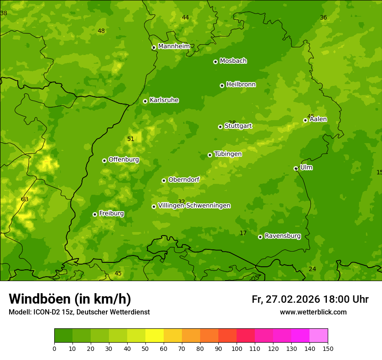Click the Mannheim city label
click(174, 46)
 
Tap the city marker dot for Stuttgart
click(221, 127)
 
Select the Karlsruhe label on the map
click(164, 100)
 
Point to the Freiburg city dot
click(95, 214)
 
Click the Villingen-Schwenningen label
click(194, 206)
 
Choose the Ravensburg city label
click(283, 236)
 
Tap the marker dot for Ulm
click(296, 168)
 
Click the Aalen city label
click(318, 119)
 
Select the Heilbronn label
click(241, 85)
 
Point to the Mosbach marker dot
click(215, 62)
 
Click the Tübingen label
click(228, 154)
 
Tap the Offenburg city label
click(124, 160)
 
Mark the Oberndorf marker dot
click(164, 180)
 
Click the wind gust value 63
click(25, 200)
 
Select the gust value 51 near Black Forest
click(131, 139)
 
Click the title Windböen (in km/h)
click(70, 299)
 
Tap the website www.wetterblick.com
click(313, 312)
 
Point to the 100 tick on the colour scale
click(237, 348)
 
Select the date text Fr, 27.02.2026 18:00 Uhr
click(310, 299)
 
